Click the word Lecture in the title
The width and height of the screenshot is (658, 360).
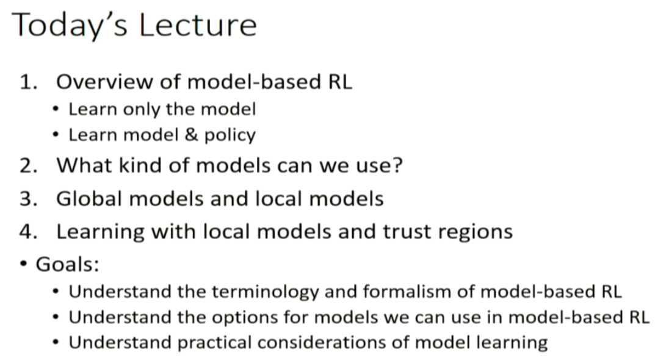coord(197,25)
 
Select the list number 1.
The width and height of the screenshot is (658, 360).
coord(29,82)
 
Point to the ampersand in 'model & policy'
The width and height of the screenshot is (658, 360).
coord(191,135)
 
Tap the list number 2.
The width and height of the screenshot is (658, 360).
coord(29,165)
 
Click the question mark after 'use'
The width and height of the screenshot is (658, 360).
coord(397,165)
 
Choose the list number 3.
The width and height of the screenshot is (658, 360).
coord(29,198)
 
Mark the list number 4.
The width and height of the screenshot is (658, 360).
coord(29,232)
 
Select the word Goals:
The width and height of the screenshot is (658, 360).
coord(68,264)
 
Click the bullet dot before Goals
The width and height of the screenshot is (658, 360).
coord(24,264)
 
